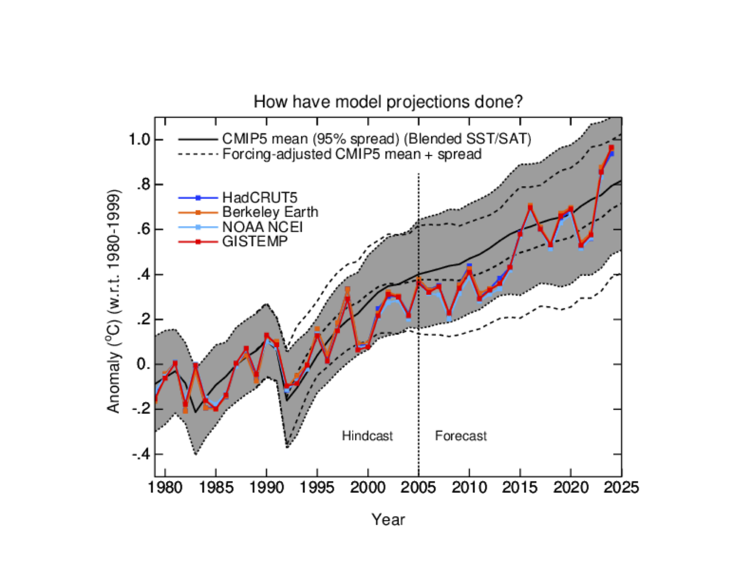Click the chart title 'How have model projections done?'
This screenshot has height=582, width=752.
pos(388,102)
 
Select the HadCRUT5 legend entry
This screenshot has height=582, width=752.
pos(259,198)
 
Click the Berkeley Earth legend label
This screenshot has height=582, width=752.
pos(270,212)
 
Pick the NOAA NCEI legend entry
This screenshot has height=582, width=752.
pos(262,227)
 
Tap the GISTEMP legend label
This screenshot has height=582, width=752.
pos(255,242)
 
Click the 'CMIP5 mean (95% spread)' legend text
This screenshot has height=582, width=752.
pos(376,139)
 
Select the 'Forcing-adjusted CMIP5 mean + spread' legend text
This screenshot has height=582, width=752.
pos(352,154)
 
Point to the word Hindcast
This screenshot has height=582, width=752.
pos(367,436)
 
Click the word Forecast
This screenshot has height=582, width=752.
pos(460,436)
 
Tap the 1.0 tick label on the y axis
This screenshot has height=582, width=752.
pos(140,140)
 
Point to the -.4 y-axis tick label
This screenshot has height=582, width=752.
pos(141,454)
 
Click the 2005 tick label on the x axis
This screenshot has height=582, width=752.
pos(418,488)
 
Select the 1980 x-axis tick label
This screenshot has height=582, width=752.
pos(165,488)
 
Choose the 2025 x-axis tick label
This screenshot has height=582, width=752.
pos(621,488)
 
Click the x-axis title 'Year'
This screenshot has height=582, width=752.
pos(388,520)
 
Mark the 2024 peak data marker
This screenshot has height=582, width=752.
pos(611,148)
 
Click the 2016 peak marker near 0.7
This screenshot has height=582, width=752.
pos(530,207)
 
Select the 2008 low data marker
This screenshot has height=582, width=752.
pos(449,313)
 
